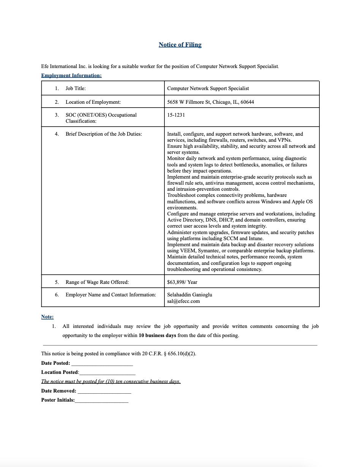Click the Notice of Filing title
[x=180, y=45]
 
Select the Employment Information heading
[x=71, y=75]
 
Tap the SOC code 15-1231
[x=176, y=115]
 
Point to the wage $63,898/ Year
[x=182, y=282]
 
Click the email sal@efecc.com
[x=183, y=301]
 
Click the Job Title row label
[x=76, y=88]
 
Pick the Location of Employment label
[x=93, y=102]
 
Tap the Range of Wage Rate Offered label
[x=97, y=282]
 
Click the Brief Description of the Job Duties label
[x=104, y=134]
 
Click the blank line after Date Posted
[x=102, y=364]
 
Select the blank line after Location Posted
[x=107, y=373]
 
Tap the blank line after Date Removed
[x=104, y=391]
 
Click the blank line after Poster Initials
[x=102, y=401]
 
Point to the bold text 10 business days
[x=157, y=336]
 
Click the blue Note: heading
[x=47, y=317]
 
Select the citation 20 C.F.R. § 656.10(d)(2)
[x=169, y=354]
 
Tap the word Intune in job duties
[x=256, y=239]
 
